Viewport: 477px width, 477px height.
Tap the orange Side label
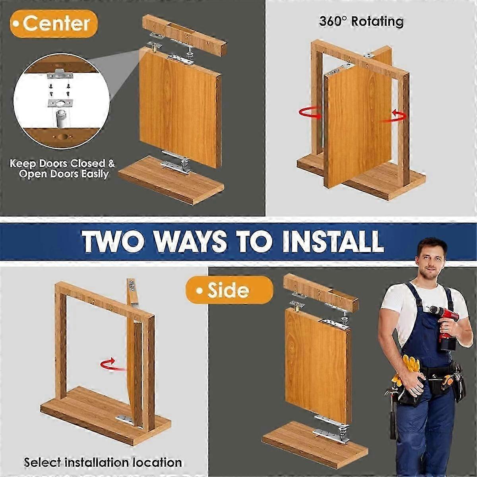point(229,290)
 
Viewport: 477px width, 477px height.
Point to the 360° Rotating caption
point(361,21)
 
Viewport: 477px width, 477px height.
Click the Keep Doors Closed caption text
point(62,169)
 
